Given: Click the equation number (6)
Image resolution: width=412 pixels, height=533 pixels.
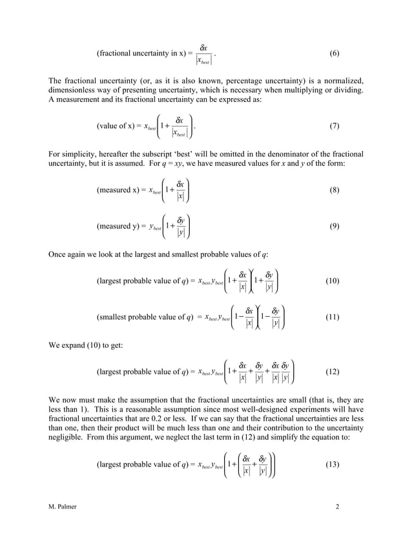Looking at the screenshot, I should tap(334, 52).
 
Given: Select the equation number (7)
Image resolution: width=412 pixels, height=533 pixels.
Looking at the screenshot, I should tap(334, 126).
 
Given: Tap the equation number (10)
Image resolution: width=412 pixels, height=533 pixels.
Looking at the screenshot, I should tap(334, 281).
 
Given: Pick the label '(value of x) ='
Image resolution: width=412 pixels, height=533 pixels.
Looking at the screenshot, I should tap(121, 126).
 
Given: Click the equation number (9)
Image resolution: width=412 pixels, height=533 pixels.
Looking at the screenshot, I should tap(334, 226).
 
